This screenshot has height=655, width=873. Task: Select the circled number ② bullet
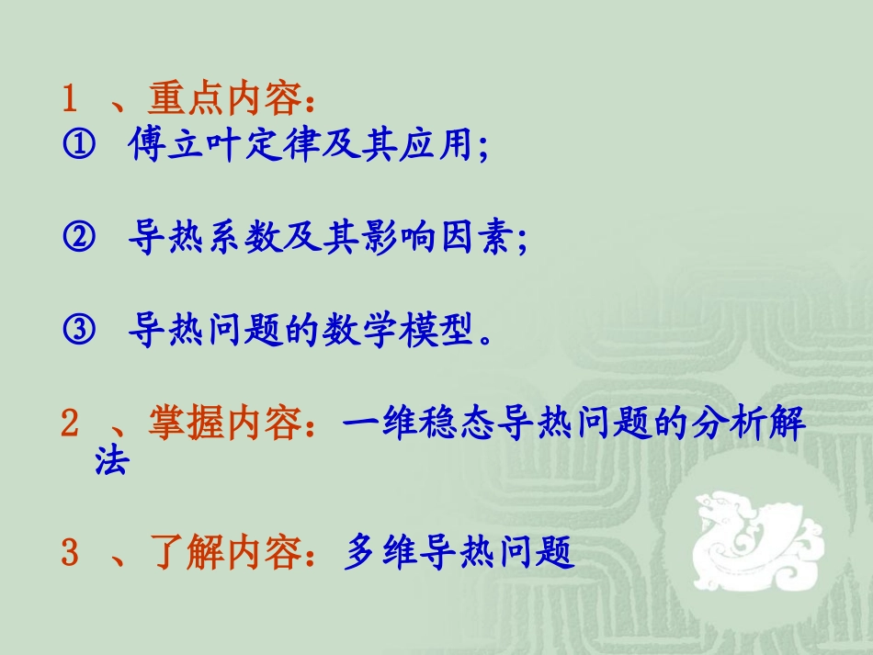tap(79, 240)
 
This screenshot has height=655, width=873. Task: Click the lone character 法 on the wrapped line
tap(111, 461)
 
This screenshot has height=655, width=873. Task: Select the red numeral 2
tap(70, 424)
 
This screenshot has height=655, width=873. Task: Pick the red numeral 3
tap(70, 553)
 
